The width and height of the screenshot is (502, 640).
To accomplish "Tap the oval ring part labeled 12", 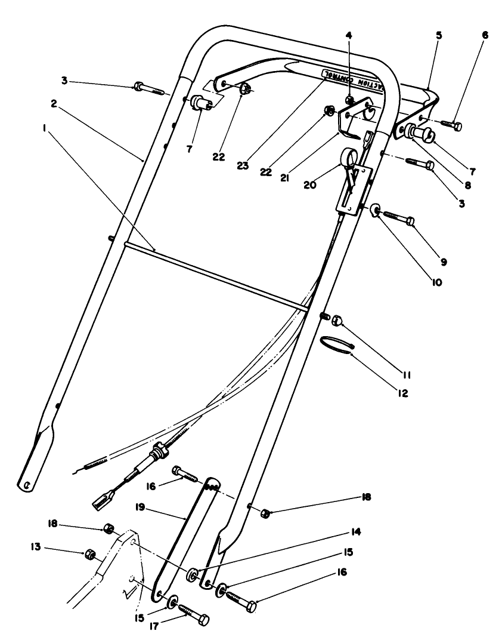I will click(337, 344).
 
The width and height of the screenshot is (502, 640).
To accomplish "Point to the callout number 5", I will click(439, 35).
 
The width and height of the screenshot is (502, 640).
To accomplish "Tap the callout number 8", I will click(467, 186).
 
